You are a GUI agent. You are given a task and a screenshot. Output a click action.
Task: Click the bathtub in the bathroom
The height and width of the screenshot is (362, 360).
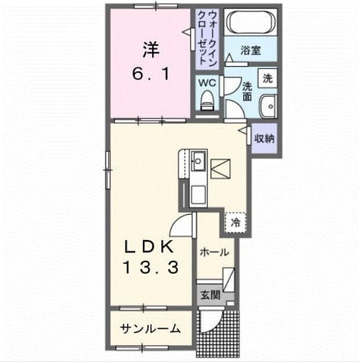point(251,22)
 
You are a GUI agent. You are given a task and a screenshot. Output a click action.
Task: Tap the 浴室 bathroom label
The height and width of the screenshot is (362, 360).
point(250,51)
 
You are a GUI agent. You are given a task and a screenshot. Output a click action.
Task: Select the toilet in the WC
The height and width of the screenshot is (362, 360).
point(207,100)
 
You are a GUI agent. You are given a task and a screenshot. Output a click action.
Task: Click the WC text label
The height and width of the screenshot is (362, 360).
point(207,83)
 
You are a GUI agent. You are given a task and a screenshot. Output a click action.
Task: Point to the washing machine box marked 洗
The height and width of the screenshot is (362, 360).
point(267,78)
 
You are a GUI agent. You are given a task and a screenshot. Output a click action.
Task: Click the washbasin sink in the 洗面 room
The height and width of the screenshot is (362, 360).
point(269,106)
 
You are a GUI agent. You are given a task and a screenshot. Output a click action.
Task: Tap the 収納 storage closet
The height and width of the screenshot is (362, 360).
point(264,138)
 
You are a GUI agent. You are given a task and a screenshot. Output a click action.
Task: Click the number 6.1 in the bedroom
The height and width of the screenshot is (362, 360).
point(150,74)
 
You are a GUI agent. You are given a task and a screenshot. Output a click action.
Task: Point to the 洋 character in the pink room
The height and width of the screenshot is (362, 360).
point(151,50)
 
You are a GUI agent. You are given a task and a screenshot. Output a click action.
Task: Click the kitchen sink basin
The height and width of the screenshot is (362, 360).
point(199,160)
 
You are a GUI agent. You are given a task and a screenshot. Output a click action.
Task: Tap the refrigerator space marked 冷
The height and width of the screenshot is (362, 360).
point(236,222)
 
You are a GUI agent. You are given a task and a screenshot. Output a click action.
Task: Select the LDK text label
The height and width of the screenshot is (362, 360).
point(148,247)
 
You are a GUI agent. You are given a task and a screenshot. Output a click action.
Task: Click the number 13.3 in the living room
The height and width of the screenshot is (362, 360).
point(150,268)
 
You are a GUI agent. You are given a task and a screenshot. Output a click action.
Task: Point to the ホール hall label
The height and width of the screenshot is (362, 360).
point(214,252)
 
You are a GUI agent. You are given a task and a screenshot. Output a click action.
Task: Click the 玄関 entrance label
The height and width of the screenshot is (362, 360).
point(210,295)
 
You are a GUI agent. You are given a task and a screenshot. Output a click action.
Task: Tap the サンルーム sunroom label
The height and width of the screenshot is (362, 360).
point(150,329)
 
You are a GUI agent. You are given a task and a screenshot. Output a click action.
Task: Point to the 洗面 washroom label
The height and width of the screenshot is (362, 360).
point(247,91)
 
